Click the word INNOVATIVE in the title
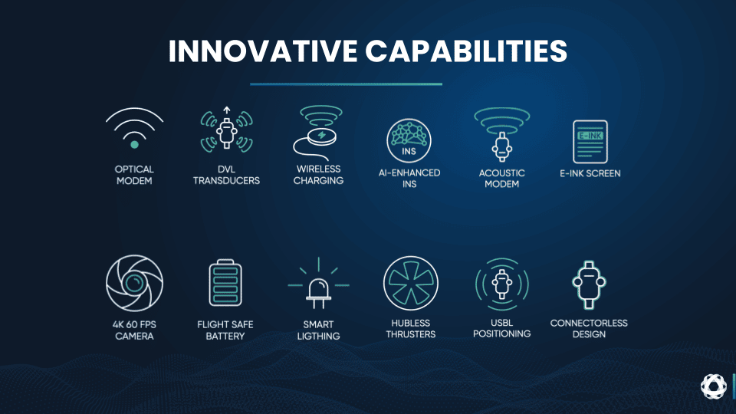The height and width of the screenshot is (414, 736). click(263, 51)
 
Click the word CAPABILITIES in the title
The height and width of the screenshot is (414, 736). click(467, 51)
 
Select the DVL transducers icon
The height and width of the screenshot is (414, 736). click(227, 130)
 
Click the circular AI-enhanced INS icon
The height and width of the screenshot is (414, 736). click(409, 140)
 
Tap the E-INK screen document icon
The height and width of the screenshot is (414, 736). click(590, 142)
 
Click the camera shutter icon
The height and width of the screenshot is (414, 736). click(134, 283)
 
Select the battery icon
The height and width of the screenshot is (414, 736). click(225, 283)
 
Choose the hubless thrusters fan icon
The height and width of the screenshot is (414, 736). click(411, 283)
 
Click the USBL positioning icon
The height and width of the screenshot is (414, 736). click(501, 284)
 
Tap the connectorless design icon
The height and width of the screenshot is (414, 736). click(589, 284)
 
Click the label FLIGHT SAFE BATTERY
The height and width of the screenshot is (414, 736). click(225, 330)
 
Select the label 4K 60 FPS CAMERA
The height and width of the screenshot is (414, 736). click(134, 330)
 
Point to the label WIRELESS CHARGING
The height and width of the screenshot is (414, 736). click(318, 175)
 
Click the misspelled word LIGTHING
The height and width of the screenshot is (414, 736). click(318, 336)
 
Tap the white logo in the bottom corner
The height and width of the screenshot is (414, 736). click(714, 386)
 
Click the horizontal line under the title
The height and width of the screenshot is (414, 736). click(346, 84)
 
